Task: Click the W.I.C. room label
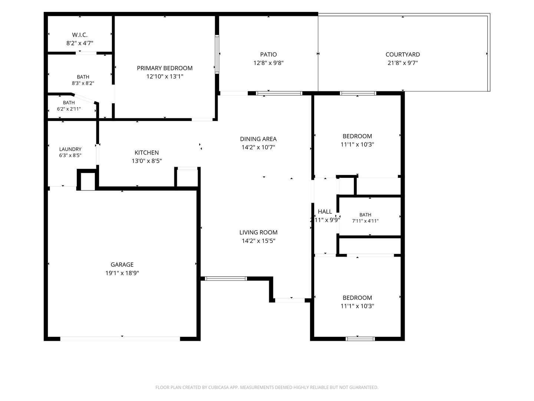80,35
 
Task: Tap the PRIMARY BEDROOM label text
165,68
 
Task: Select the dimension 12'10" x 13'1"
165,76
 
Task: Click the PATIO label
268,55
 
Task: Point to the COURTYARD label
403,55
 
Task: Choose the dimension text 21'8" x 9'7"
403,63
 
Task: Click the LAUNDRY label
70,149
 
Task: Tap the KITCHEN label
147,153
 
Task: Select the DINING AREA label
258,139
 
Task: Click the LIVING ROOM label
258,232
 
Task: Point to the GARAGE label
122,265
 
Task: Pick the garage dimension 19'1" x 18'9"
122,273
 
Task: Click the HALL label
325,212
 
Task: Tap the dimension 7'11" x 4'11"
365,221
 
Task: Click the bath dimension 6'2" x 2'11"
69,109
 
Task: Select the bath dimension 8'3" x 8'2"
83,83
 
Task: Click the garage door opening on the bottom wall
120,339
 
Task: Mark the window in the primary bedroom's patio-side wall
217,54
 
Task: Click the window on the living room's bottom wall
226,278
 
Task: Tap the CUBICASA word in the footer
218,387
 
